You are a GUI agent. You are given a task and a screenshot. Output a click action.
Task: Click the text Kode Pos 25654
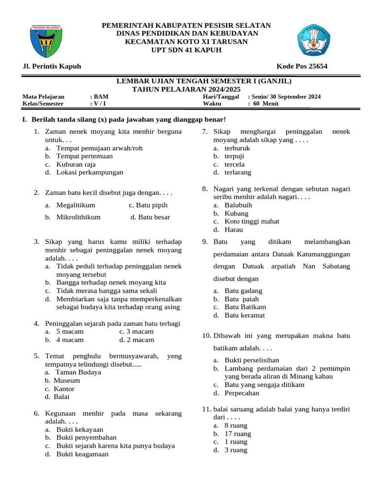click(302, 66)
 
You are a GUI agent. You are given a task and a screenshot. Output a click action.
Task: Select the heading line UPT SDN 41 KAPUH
click(186, 50)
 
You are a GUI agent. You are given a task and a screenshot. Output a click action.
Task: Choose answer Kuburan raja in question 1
click(76, 164)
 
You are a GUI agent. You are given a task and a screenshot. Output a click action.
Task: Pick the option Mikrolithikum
click(78, 217)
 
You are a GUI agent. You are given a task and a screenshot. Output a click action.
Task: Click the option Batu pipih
click(148, 205)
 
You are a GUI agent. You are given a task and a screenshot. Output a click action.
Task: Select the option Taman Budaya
click(79, 372)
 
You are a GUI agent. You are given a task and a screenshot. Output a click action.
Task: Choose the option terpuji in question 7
click(234, 156)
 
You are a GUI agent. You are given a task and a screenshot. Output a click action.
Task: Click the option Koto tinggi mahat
click(252, 221)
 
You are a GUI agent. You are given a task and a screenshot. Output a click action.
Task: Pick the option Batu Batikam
click(245, 307)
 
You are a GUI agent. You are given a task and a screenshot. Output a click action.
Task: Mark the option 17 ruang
click(237, 434)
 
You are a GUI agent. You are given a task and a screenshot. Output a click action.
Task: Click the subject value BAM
click(102, 97)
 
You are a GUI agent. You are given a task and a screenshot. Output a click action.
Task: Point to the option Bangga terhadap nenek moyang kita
click(111, 282)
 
